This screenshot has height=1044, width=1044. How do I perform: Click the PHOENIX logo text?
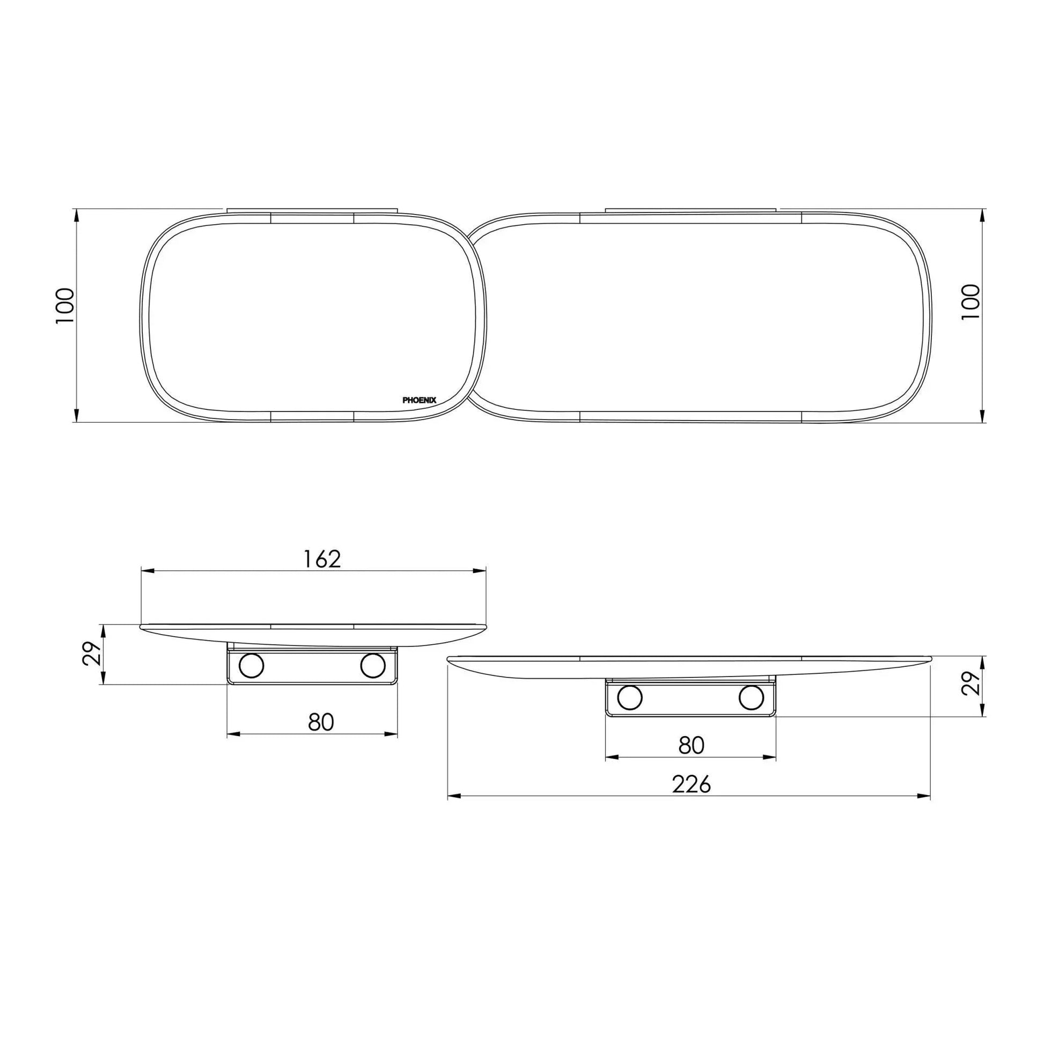point(420,400)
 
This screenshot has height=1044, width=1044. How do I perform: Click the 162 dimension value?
point(322,559)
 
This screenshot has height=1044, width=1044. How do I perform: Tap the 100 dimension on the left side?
point(65,306)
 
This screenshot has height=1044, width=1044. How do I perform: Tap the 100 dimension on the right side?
point(971,302)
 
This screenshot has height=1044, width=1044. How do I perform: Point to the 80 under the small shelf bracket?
point(321,723)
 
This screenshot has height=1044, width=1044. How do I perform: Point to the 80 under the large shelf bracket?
point(691,746)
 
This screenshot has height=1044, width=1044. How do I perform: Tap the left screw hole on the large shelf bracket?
point(629,697)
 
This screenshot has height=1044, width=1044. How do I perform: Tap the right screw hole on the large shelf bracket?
point(751,697)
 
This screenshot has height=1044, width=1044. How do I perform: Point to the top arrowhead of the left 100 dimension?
point(76,215)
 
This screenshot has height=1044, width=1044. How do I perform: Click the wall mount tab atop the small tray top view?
point(312,209)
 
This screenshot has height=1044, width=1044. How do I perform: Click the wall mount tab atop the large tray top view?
point(690,209)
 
